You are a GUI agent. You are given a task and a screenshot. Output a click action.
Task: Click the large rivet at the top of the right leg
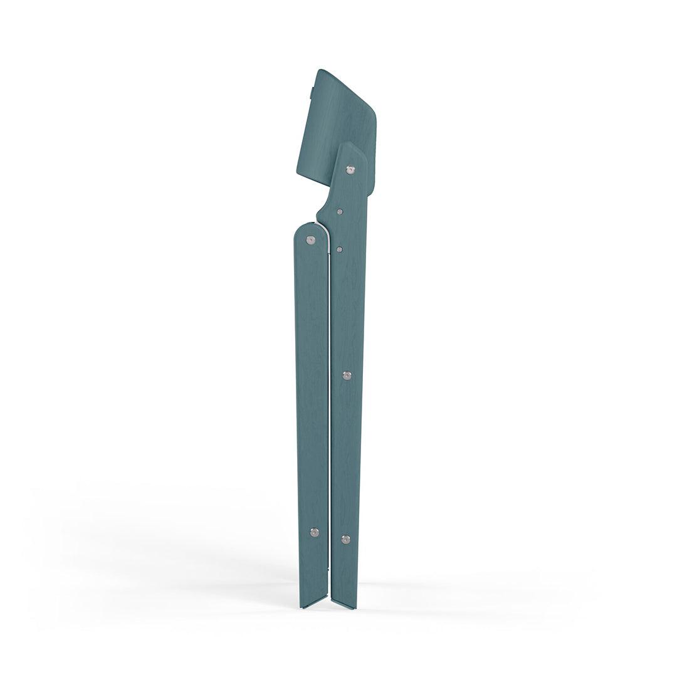point(350,169)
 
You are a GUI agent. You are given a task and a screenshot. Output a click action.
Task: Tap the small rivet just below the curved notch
point(339,212)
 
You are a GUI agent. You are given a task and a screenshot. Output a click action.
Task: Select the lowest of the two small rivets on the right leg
point(339,249)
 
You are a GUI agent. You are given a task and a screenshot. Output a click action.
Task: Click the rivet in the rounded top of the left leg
point(310,239)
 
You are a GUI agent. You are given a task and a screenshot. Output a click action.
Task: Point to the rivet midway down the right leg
point(347,375)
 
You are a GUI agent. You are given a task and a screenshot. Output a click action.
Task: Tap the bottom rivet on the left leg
point(314,532)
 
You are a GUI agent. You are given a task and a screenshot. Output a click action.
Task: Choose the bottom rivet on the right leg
point(345,538)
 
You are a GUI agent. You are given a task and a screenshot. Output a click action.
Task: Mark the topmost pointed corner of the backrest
point(320,70)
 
